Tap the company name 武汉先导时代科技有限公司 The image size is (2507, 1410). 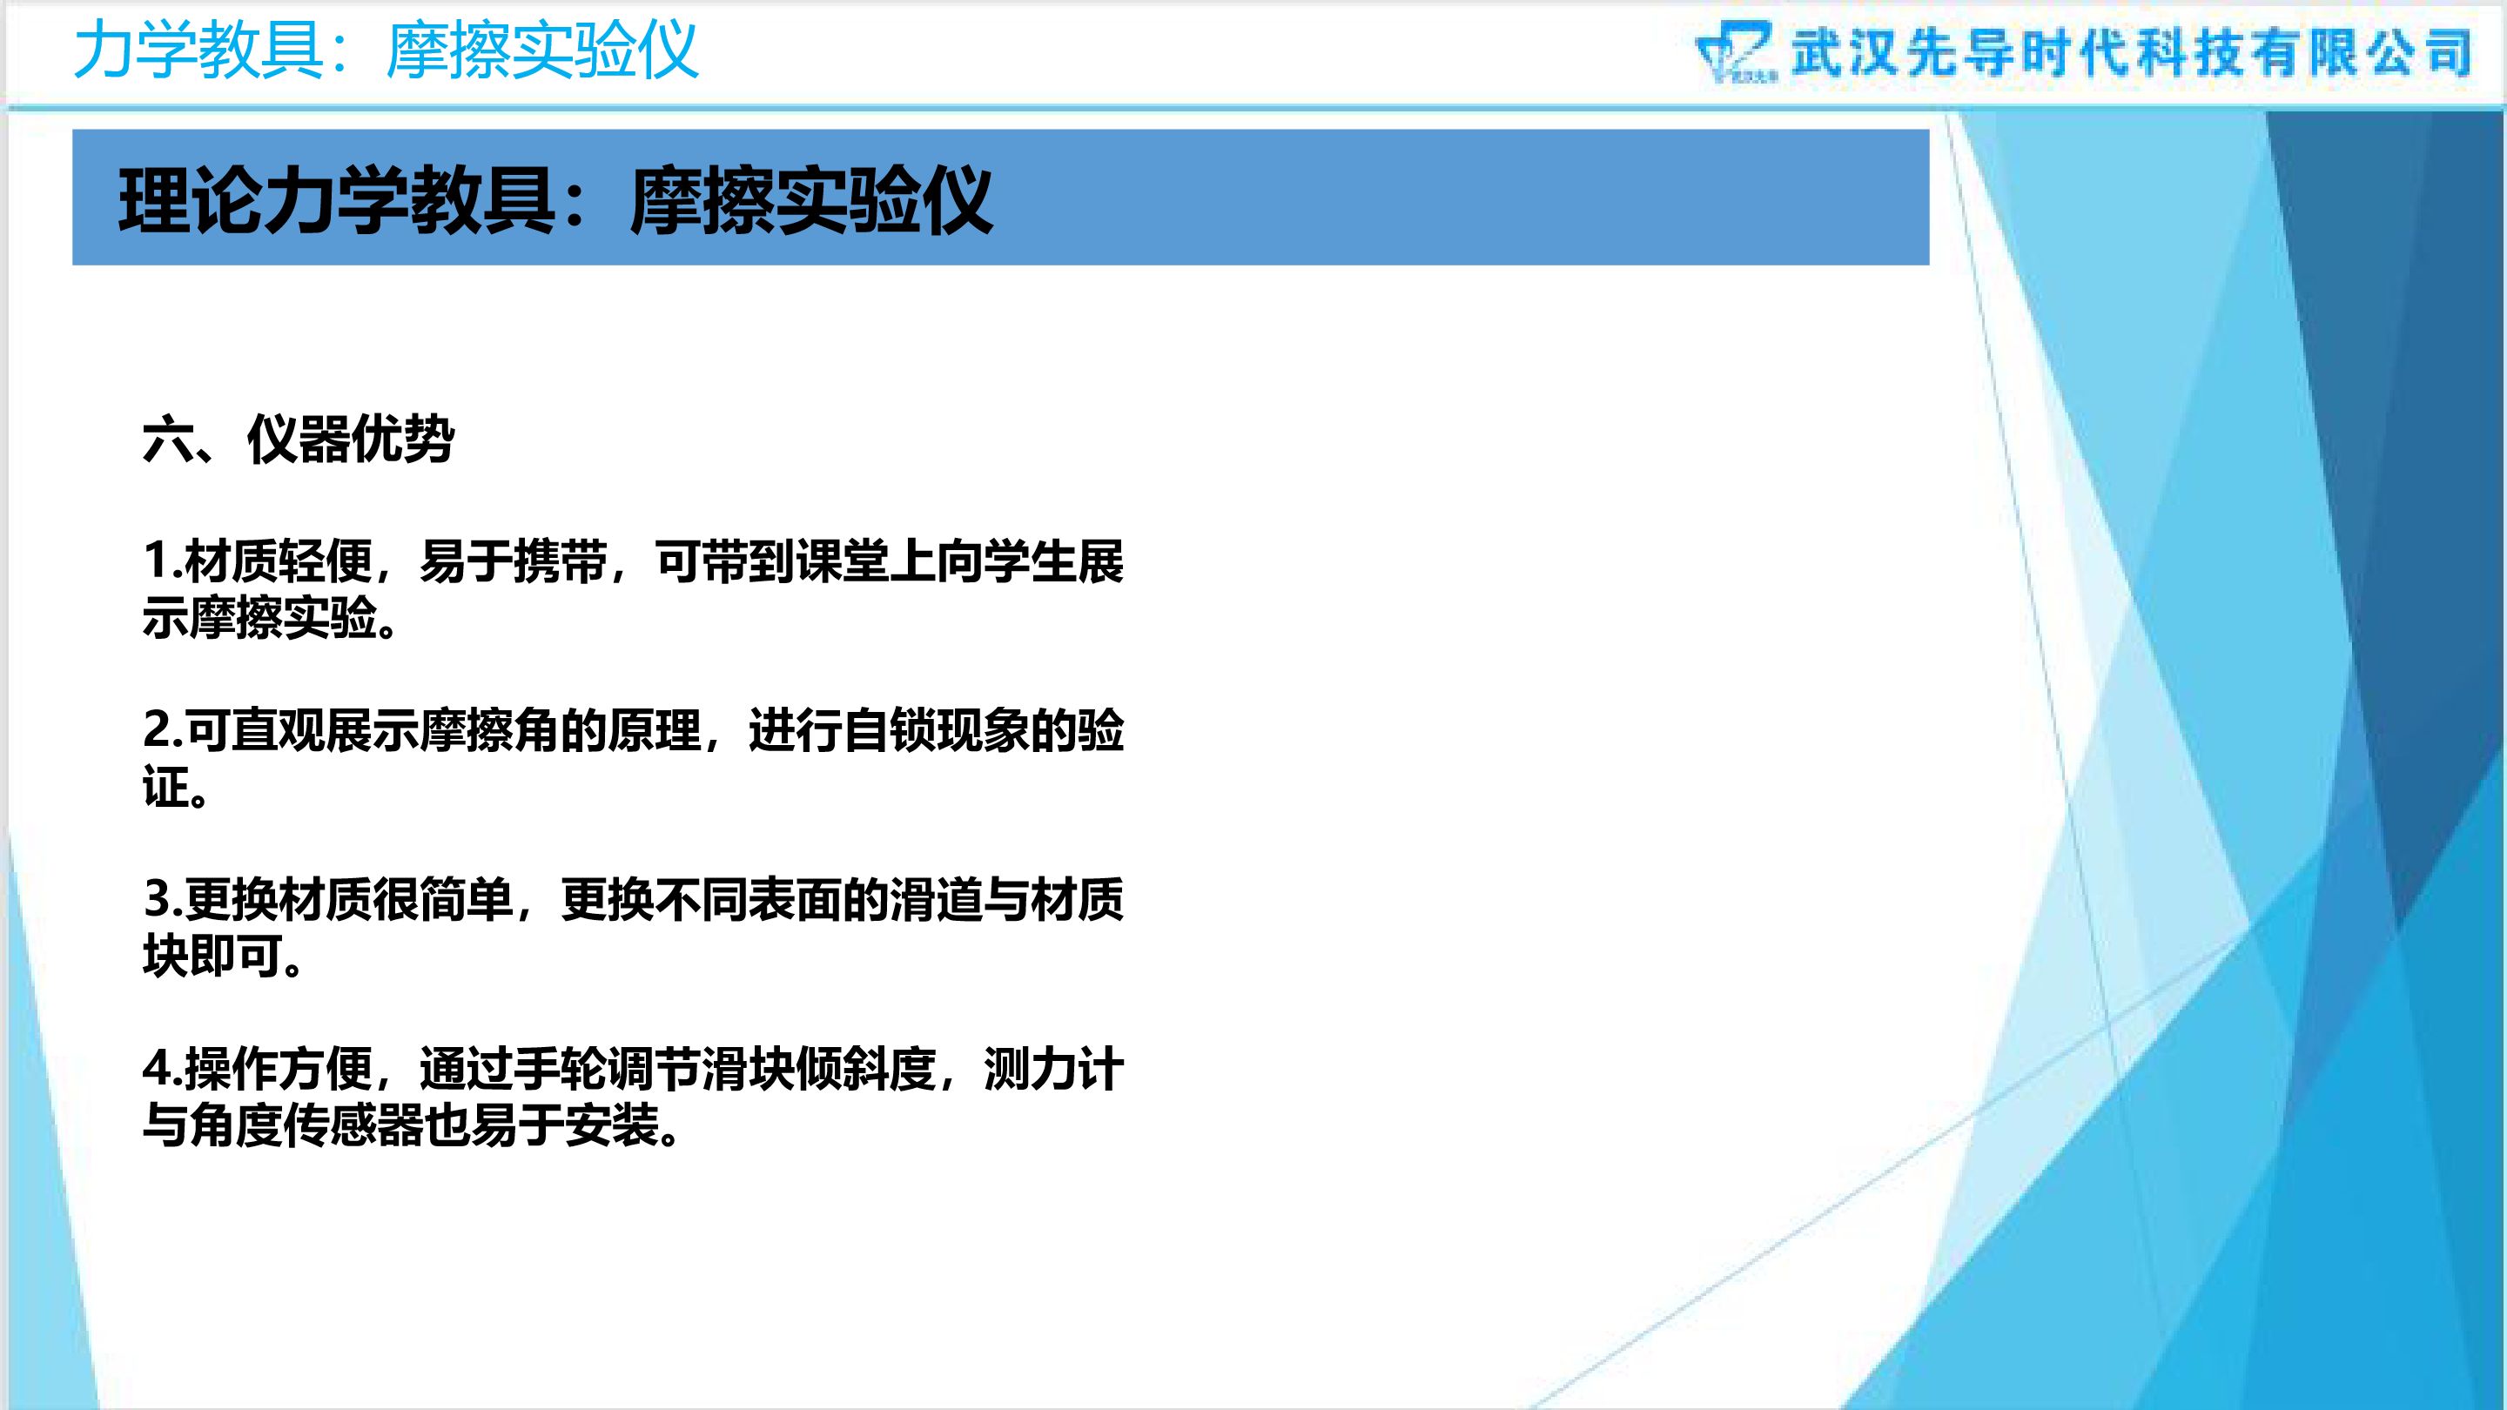pos(2131,51)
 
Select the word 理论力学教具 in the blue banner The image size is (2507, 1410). pos(337,201)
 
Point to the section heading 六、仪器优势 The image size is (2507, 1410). pos(298,440)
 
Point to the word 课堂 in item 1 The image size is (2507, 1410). pos(843,561)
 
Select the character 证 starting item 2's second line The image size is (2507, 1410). pos(165,787)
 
